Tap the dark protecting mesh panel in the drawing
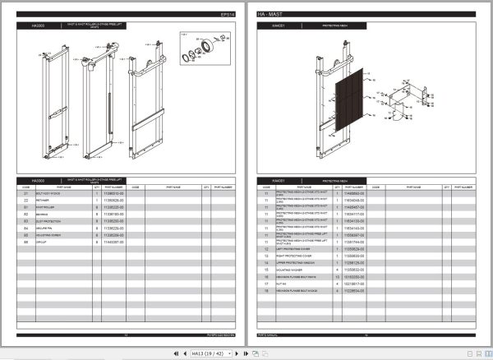point(346,99)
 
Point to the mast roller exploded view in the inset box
point(200,53)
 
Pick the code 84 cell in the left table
point(26,228)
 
